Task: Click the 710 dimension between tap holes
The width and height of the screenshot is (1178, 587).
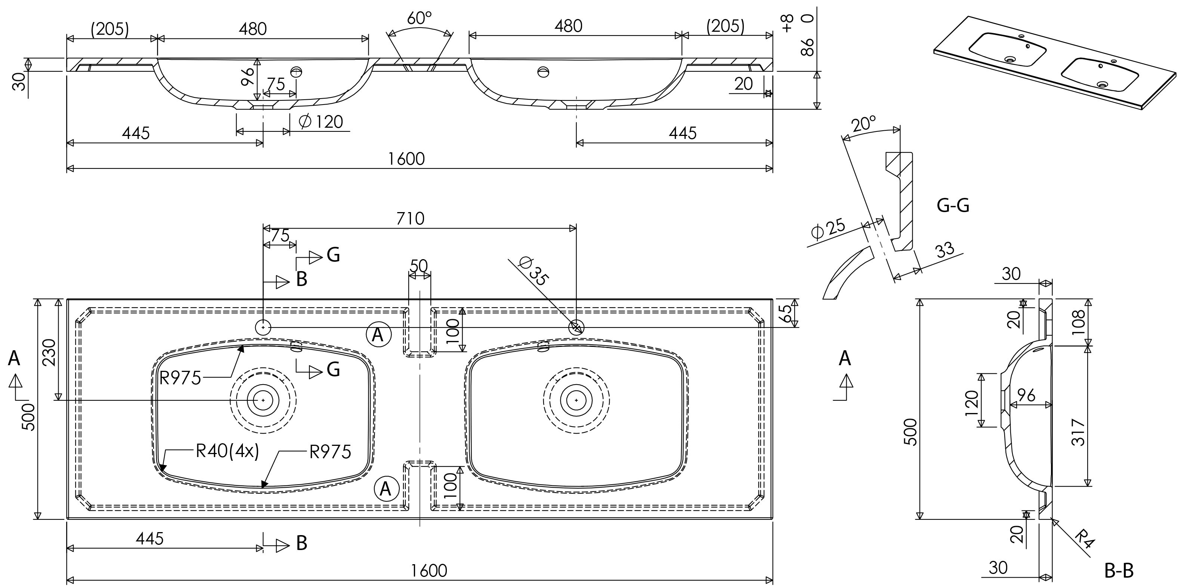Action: click(410, 218)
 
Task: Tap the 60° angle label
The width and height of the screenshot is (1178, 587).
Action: click(419, 18)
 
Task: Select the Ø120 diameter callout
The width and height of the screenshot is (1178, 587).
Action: click(321, 122)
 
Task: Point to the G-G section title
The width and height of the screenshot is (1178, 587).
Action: click(953, 206)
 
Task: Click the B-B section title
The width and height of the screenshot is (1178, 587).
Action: click(1119, 571)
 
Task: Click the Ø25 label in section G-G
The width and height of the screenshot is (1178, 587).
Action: click(828, 230)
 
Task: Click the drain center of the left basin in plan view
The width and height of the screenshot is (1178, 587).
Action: click(263, 400)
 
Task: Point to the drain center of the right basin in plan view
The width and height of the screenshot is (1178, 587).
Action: click(576, 400)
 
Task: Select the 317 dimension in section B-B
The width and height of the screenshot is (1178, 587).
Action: click(1078, 432)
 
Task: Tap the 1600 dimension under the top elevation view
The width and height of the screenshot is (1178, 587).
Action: click(406, 159)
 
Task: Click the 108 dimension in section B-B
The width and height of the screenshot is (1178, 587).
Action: click(1078, 322)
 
